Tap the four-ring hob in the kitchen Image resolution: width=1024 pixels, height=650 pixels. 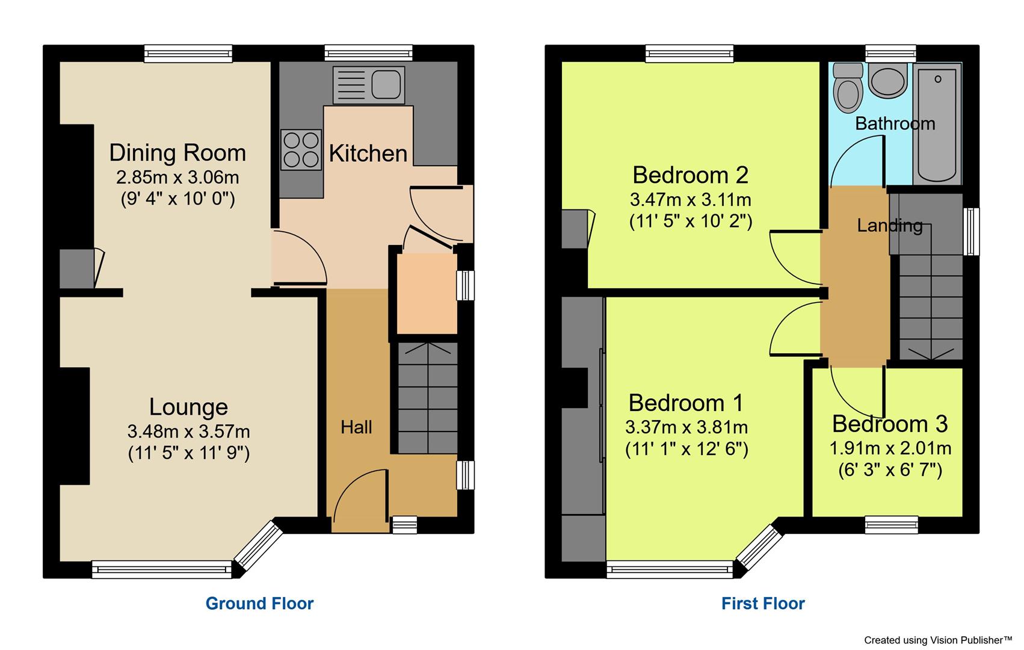point(301,149)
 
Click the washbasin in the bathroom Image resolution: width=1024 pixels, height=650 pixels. point(888,82)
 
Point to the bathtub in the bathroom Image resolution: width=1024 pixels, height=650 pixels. point(937,123)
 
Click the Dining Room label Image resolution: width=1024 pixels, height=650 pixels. point(177,153)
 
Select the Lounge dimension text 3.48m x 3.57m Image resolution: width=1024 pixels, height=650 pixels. point(188,432)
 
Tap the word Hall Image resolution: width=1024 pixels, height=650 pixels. point(356,427)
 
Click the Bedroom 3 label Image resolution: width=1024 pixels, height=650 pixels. point(890,424)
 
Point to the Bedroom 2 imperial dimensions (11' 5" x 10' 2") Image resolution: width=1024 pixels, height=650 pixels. point(691,221)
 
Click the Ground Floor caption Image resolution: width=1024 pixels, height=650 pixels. point(259,604)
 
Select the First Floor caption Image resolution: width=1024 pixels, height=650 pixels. point(763,604)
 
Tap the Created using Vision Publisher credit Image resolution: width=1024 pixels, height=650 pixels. point(938,640)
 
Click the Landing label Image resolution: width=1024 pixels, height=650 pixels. point(890,226)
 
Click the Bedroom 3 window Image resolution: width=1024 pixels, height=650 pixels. point(892,525)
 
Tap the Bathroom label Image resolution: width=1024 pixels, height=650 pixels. point(895,124)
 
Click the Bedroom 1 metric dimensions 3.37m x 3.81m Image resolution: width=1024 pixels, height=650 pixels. point(686,427)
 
